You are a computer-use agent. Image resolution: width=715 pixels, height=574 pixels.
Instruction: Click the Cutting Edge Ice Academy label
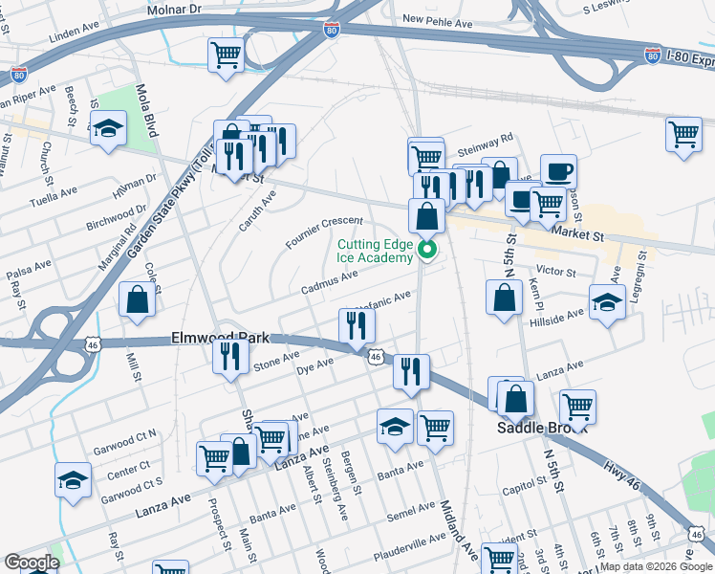375,251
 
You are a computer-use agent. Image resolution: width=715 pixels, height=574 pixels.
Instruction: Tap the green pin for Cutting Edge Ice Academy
428,252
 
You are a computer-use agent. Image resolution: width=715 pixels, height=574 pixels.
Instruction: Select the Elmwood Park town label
220,339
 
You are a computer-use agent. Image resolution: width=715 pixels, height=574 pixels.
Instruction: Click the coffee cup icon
558,172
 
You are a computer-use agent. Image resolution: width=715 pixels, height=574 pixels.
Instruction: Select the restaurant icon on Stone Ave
230,356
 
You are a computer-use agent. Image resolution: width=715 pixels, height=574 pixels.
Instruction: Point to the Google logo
32,563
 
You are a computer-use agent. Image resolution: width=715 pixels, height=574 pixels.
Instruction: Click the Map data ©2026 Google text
656,566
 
